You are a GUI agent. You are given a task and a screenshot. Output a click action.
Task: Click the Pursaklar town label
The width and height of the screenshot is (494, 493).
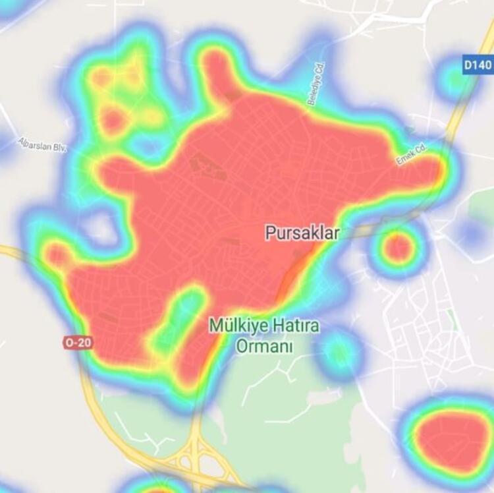[302, 233]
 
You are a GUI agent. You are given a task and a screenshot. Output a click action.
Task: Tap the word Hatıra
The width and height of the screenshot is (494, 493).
[294, 326]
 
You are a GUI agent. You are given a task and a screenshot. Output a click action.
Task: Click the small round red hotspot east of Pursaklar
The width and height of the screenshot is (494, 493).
[398, 248]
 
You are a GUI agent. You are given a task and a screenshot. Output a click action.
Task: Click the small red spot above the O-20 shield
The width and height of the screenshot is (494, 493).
[57, 254]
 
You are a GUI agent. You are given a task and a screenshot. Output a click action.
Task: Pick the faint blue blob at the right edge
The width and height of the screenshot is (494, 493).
[472, 233]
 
